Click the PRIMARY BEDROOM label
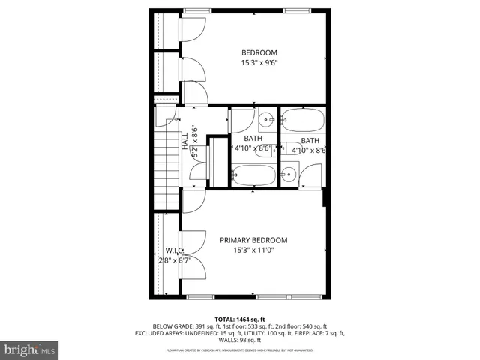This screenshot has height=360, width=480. [253, 240]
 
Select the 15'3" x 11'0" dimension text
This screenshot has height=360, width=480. [253, 250]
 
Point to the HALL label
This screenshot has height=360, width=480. [184, 141]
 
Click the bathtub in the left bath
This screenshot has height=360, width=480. [253, 175]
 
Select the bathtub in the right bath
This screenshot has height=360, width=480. [302, 119]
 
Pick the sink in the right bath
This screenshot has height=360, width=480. [288, 175]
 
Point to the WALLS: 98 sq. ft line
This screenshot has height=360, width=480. [240, 340]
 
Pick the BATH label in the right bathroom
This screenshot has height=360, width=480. [310, 141]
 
